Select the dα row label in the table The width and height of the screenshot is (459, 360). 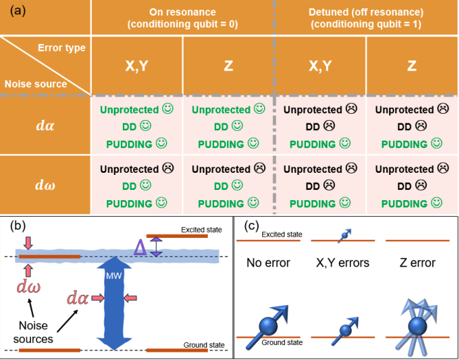click(x=46, y=126)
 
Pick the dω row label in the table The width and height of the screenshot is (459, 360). click(x=46, y=185)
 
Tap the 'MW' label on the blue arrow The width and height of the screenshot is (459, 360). click(x=114, y=276)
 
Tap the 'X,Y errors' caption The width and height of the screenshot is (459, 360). click(x=342, y=263)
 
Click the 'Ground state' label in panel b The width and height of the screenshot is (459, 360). click(x=201, y=345)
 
